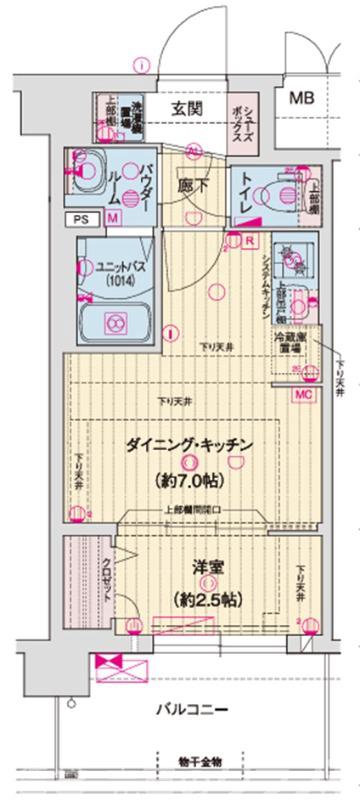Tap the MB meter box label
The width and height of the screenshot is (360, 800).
point(302,98)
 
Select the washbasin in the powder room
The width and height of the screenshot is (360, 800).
point(84,166)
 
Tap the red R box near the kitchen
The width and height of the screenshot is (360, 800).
point(247,241)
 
